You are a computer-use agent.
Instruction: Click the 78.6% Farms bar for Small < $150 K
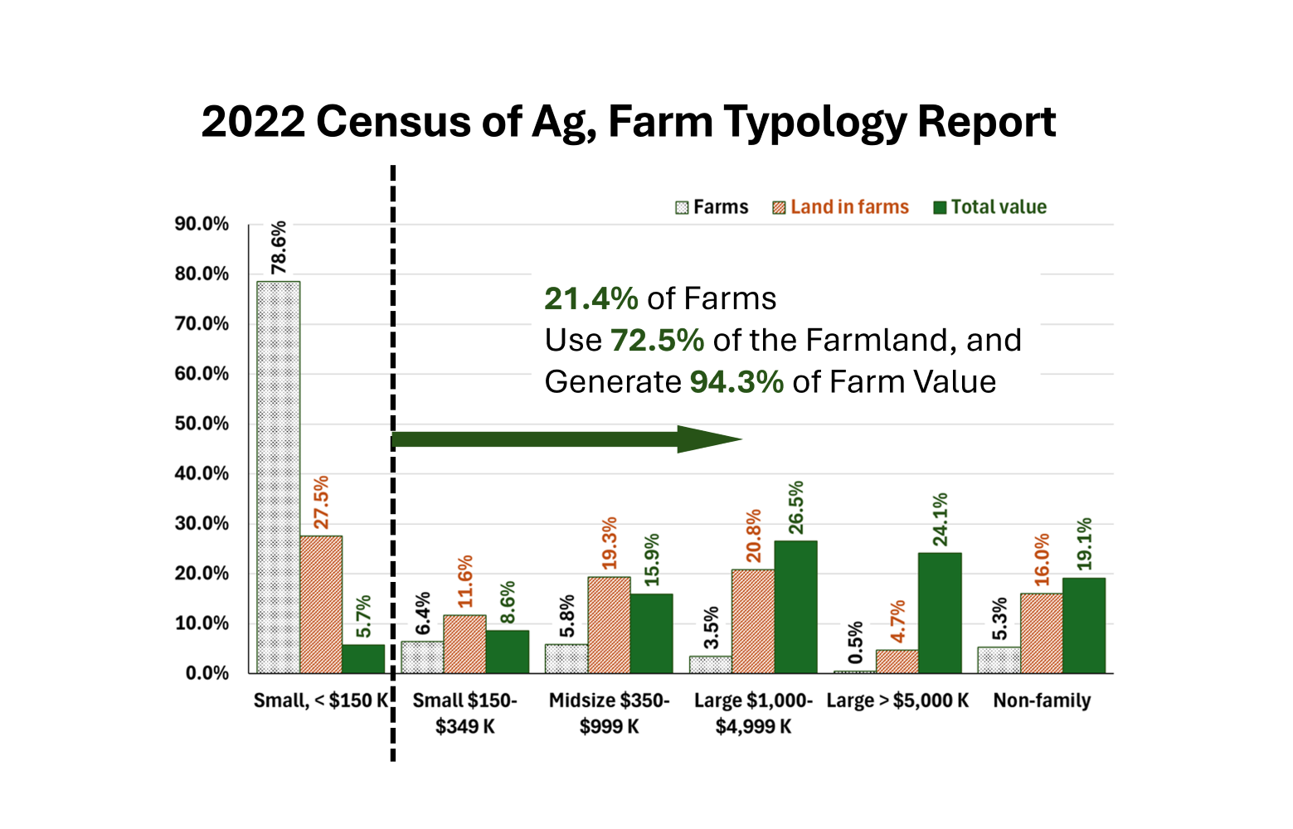click(278, 477)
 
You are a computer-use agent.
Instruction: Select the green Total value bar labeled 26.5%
click(795, 607)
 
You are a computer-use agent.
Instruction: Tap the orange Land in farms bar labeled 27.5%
click(321, 604)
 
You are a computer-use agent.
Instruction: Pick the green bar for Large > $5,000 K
click(940, 613)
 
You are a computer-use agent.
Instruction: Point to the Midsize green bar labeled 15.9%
click(651, 633)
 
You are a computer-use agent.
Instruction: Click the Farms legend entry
click(712, 207)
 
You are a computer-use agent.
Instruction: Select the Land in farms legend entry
click(840, 207)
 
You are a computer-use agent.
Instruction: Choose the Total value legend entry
click(989, 207)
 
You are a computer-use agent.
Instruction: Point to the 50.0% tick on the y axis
click(202, 424)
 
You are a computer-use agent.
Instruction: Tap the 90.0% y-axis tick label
click(202, 224)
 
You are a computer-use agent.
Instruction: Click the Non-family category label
click(1042, 701)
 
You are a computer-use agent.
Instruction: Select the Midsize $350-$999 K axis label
click(609, 713)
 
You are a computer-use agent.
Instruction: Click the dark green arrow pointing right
click(564, 439)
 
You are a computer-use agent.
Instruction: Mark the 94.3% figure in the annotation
click(736, 382)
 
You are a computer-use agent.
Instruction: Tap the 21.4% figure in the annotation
click(591, 298)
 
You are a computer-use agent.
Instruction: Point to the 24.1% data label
click(940, 520)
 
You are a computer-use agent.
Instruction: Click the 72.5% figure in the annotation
click(657, 341)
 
